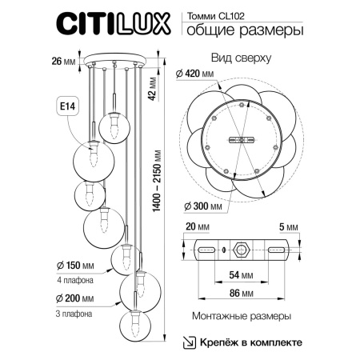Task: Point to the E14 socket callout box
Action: pyautogui.click(x=70, y=104)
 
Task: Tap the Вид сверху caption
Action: pyautogui.click(x=241, y=58)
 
